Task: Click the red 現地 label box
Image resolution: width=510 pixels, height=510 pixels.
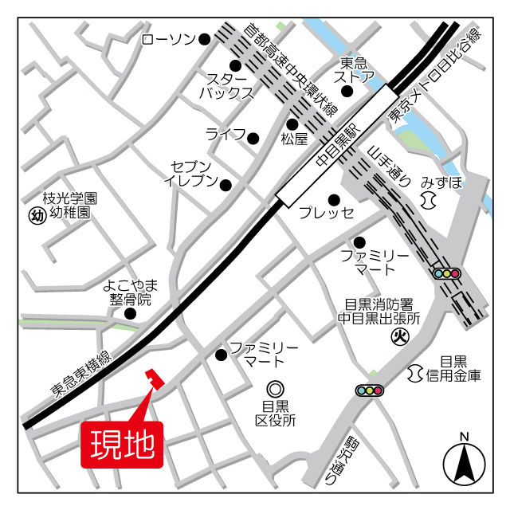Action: click(x=122, y=445)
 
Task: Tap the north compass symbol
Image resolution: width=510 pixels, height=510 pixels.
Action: click(x=464, y=462)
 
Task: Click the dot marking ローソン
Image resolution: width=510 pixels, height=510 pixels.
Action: click(x=205, y=38)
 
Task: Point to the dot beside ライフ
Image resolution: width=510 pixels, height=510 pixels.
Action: click(x=253, y=137)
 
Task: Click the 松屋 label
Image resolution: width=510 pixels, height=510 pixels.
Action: click(x=293, y=139)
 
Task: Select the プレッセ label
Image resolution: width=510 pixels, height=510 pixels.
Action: click(x=326, y=213)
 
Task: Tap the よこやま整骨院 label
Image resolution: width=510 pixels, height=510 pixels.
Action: click(x=131, y=292)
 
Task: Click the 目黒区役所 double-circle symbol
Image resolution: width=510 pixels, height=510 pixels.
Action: click(x=276, y=389)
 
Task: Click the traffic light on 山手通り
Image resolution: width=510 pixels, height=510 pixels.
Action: click(x=447, y=273)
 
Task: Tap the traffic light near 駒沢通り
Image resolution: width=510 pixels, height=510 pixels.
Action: click(x=370, y=390)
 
